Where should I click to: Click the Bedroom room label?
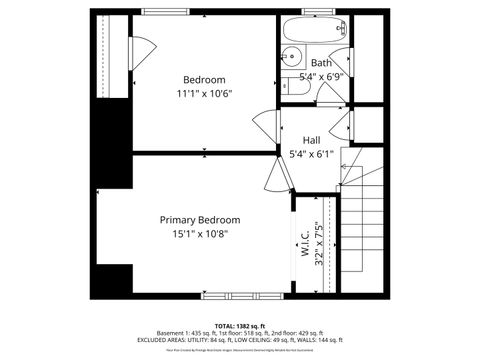click(204, 80)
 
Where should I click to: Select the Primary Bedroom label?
click(200, 219)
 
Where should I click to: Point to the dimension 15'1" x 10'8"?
click(200, 234)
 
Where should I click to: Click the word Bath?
click(321, 63)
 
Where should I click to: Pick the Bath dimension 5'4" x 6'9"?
click(322, 76)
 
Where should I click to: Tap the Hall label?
click(311, 140)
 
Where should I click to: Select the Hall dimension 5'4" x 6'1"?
click(311, 154)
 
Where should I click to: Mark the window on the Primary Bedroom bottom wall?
click(229, 295)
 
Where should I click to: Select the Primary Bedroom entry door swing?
click(277, 176)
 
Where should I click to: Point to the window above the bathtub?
click(317, 12)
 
